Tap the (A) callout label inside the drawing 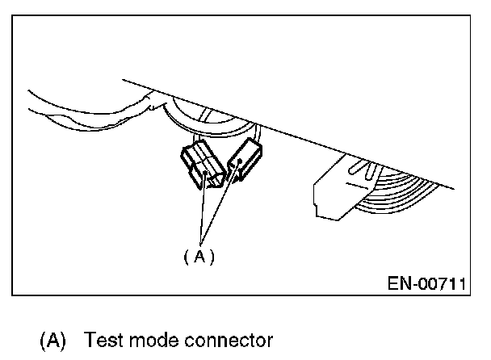tap(199, 257)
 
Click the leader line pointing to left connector tap(202, 210)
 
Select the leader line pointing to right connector tap(220, 206)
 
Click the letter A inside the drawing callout tap(199, 257)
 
